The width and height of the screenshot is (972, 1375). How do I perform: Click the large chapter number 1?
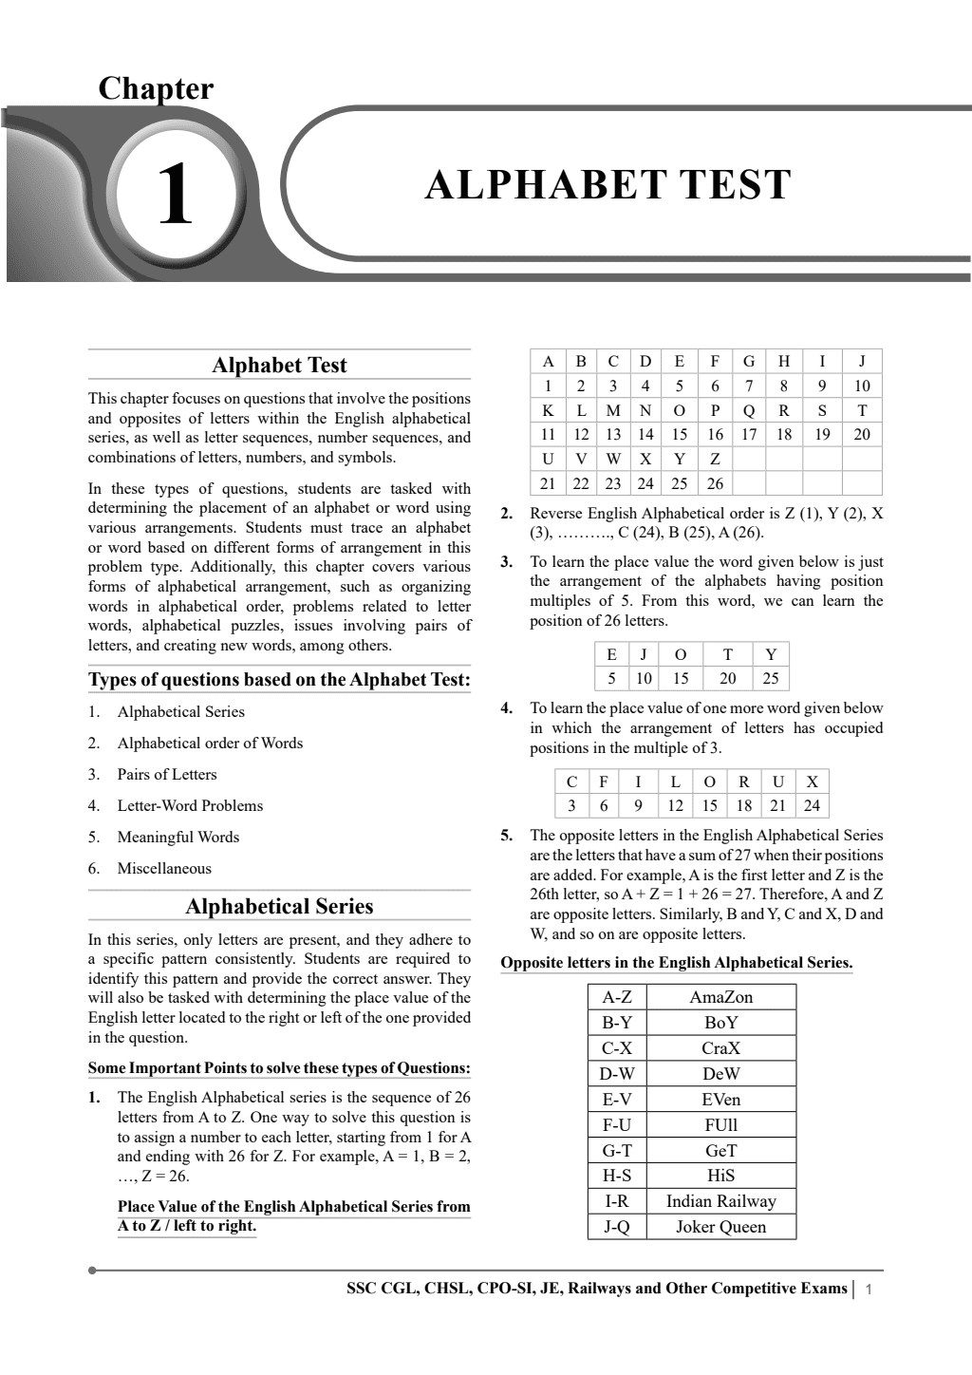point(175,195)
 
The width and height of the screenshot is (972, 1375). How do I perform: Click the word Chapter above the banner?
point(156,88)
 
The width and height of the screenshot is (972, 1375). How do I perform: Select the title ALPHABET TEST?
point(607,184)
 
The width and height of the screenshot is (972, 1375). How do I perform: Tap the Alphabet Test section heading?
point(279,366)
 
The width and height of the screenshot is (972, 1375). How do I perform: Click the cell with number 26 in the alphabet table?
point(715,483)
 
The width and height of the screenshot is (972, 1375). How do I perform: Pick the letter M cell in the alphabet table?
point(613,410)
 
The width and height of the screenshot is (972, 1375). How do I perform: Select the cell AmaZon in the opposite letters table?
point(720,997)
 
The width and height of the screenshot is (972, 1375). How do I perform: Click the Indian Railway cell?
point(720,1201)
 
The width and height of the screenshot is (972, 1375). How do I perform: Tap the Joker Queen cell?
point(720,1227)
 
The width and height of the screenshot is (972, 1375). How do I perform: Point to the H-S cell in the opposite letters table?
point(617,1176)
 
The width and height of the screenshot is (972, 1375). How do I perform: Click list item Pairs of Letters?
point(167,774)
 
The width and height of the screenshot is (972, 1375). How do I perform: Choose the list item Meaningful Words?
point(178,837)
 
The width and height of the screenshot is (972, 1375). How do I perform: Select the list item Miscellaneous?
point(164,868)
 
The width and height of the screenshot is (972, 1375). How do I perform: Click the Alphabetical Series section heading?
point(279,907)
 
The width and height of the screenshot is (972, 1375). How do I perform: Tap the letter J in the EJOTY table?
point(644,653)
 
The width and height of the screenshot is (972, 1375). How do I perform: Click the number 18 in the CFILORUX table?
point(744,805)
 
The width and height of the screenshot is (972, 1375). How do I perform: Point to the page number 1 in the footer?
point(869,1290)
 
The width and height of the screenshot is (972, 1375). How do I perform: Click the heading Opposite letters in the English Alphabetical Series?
point(676,962)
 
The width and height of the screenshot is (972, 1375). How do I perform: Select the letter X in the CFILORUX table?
point(812,782)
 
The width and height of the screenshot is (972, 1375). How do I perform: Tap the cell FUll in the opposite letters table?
point(720,1124)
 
